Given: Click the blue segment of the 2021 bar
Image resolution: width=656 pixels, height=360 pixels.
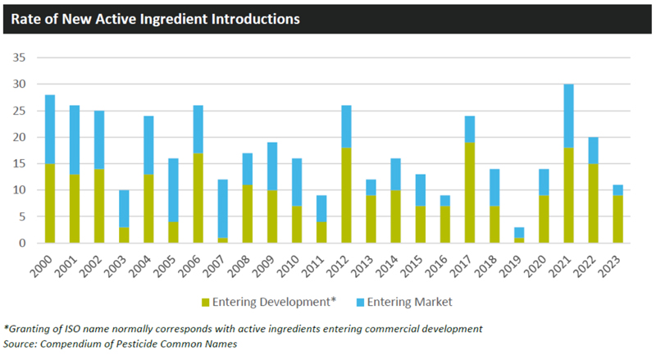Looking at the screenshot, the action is pos(568,116).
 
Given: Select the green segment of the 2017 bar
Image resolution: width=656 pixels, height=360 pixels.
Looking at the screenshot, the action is pos(470,193).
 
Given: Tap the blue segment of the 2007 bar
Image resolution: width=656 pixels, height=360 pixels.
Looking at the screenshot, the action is pos(223,208).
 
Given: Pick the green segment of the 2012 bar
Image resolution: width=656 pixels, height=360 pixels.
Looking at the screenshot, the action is pos(346,195).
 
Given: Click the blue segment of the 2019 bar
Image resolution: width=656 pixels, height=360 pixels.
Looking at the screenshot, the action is pos(519,232).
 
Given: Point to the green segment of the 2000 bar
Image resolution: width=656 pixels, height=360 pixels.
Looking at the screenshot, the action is pos(50,203).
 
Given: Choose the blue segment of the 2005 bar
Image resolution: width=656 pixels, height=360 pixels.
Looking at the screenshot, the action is pos(173,190).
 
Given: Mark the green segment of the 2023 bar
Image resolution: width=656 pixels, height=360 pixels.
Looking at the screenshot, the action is pos(618,219).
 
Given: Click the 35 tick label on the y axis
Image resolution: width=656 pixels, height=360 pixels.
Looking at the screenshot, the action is pos(19,57).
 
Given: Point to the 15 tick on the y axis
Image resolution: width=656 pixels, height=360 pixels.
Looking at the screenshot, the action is pos(19,164).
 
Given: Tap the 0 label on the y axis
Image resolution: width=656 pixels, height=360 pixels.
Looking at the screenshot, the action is pos(22,244).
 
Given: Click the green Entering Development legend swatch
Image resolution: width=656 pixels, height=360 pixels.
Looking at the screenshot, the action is pos(206,303).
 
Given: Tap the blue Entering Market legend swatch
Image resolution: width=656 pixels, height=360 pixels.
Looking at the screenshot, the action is pos(360,303).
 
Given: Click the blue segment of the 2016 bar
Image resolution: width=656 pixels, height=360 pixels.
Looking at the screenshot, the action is pos(445,201).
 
